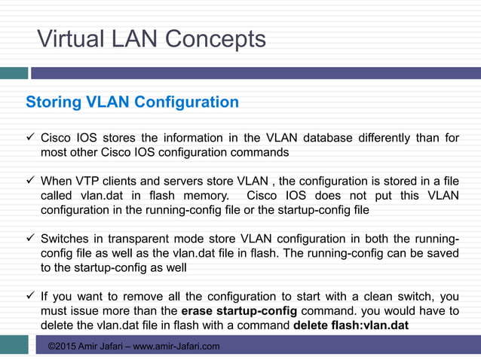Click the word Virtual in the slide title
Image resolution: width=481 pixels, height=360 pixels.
click(x=66, y=38)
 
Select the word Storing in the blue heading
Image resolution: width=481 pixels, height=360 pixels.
click(x=52, y=102)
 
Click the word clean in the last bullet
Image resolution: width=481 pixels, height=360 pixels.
click(x=376, y=297)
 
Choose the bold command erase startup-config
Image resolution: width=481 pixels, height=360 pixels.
click(x=240, y=311)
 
